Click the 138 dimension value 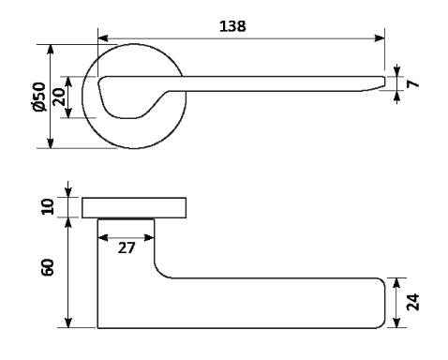pos(232,26)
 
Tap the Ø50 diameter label pos(39,97)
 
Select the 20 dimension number pos(59,97)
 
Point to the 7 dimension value pos(412,83)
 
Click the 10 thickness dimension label pos(48,206)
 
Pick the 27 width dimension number pos(127,247)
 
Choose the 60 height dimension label pos(48,267)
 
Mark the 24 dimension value pos(412,302)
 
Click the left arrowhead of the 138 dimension pos(103,38)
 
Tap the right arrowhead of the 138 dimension pos(380,38)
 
